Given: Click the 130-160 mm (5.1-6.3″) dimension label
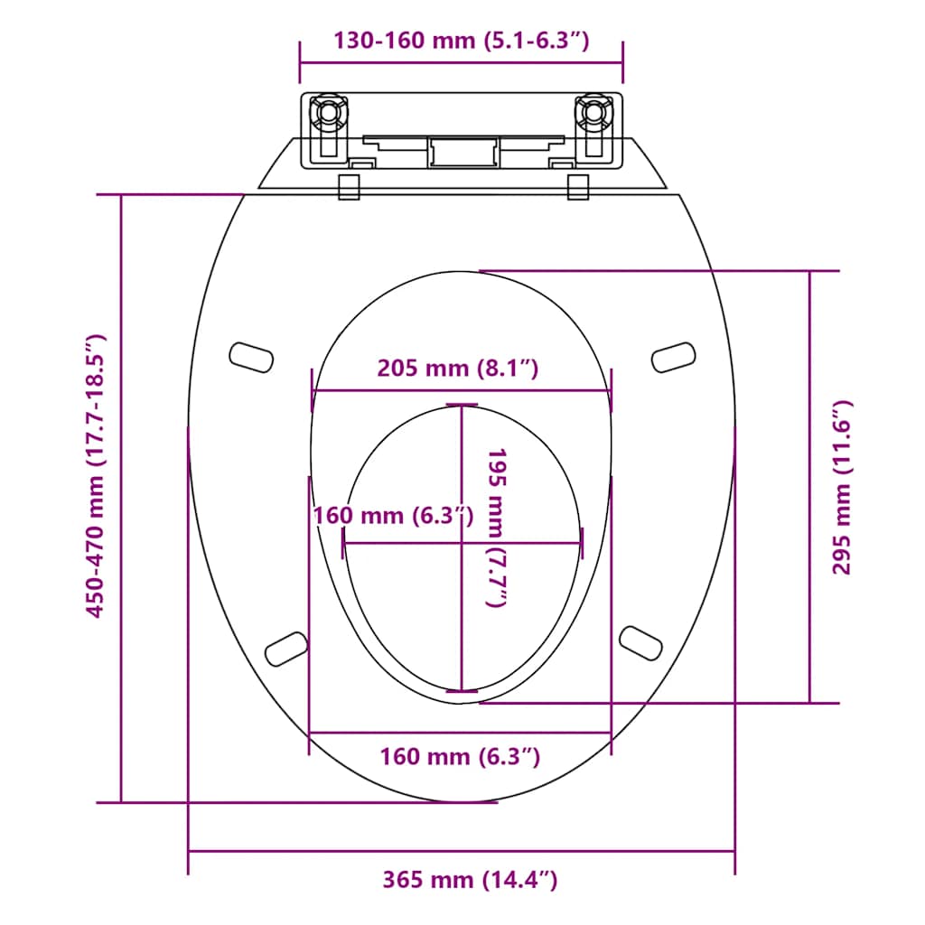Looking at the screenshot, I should [461, 41].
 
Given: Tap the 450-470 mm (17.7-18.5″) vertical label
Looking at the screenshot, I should [96, 476].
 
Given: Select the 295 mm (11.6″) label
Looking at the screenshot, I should [841, 488].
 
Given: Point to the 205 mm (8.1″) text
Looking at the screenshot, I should [458, 369].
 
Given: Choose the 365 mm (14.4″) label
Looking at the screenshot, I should [469, 879].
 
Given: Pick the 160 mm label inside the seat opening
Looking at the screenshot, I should [392, 516].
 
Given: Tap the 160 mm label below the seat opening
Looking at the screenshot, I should [460, 756].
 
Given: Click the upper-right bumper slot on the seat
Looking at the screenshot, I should [674, 357].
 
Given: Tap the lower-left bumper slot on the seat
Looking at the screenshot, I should [286, 646].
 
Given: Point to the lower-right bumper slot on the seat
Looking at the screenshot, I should [642, 640].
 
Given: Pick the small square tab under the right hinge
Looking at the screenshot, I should [579, 186].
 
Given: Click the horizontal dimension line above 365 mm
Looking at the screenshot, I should [461, 851].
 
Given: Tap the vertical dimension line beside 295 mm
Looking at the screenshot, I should [809, 488].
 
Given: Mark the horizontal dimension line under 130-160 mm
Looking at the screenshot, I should [461, 63].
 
